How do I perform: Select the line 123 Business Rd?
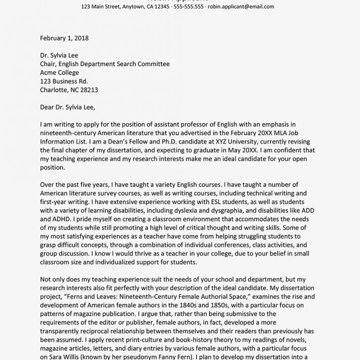coord(64,82)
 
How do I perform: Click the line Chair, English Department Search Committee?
coord(104,64)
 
